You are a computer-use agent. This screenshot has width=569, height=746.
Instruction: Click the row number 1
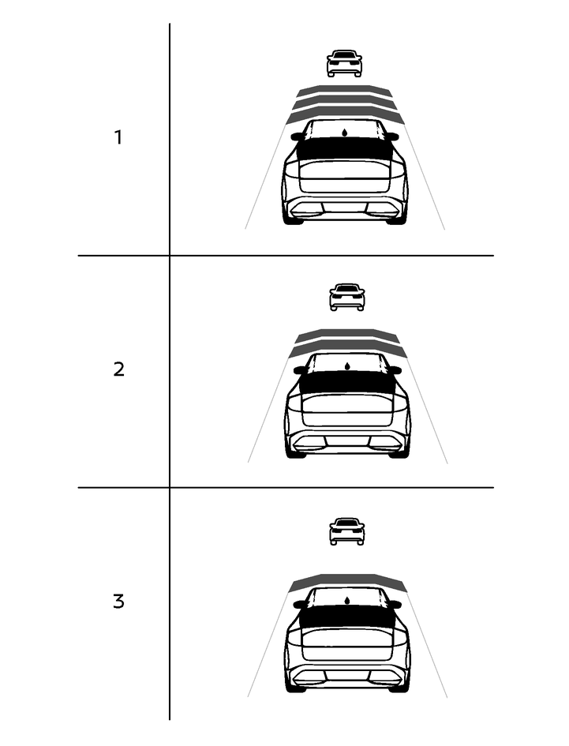[x=118, y=137]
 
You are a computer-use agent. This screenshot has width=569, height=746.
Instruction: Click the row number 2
[x=119, y=369]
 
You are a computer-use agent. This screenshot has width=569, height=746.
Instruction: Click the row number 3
[x=119, y=602]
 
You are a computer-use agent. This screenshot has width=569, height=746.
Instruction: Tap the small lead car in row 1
[x=344, y=63]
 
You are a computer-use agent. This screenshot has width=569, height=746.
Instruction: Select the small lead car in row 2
[x=347, y=298]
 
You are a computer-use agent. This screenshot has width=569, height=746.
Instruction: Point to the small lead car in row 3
[x=347, y=531]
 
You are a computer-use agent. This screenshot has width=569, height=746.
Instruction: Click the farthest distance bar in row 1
[x=344, y=91]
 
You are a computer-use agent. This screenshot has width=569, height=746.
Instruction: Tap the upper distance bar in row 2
[x=347, y=335]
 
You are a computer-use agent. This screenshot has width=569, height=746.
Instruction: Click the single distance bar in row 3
[x=347, y=581]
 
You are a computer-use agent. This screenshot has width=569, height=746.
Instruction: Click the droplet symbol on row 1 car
[x=344, y=132]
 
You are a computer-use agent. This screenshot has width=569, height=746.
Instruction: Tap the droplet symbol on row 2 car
[x=347, y=366]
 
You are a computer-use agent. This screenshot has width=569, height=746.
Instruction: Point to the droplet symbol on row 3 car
[x=347, y=600]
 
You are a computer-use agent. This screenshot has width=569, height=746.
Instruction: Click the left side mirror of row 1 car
[x=298, y=137]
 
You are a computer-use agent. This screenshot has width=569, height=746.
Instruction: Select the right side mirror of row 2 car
[x=395, y=370]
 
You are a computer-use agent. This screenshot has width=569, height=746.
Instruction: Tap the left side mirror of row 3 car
[x=300, y=605]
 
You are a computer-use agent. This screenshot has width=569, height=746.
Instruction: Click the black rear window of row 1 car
[x=344, y=148]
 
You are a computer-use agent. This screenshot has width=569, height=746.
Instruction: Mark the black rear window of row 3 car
[x=347, y=617]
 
